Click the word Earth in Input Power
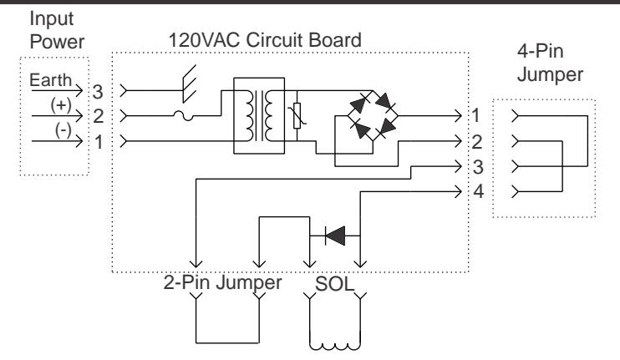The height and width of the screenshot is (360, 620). (x=51, y=80)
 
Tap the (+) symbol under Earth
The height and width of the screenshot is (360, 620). (x=61, y=105)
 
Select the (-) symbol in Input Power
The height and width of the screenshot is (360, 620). (x=64, y=130)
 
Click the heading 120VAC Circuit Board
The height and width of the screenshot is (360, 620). (x=265, y=40)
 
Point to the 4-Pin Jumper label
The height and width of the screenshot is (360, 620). (x=550, y=63)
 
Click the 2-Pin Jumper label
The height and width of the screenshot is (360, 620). (x=222, y=283)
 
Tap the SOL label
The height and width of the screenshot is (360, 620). (x=334, y=284)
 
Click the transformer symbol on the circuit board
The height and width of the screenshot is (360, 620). (x=259, y=116)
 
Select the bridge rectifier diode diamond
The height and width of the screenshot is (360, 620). (x=373, y=116)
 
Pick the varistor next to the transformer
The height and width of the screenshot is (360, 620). (x=297, y=115)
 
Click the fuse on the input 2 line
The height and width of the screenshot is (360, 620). (x=184, y=115)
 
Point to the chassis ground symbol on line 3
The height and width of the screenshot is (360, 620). (x=189, y=84)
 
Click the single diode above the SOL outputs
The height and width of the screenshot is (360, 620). (x=335, y=236)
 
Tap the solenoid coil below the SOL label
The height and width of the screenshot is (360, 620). (x=334, y=347)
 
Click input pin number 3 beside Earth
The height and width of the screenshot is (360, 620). (x=98, y=92)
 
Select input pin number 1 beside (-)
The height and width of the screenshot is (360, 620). (x=99, y=142)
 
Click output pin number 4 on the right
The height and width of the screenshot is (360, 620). (x=479, y=191)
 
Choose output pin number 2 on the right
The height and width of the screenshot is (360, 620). (x=477, y=142)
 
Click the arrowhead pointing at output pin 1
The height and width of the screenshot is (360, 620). (x=458, y=116)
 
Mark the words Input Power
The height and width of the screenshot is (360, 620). (x=57, y=30)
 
